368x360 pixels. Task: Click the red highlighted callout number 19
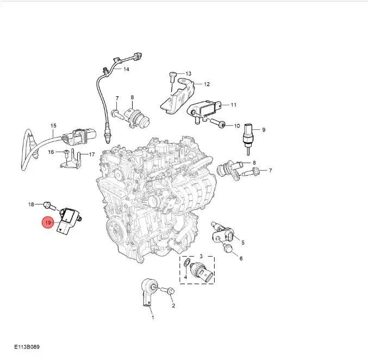(48, 222)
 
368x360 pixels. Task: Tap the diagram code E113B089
(27, 346)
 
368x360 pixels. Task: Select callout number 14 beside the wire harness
(126, 69)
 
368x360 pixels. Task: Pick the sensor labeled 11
(204, 110)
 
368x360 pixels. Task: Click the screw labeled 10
(218, 123)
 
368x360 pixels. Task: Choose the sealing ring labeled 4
(187, 262)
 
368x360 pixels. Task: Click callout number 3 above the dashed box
(201, 256)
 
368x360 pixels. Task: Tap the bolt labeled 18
(50, 207)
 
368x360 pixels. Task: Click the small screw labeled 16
(66, 153)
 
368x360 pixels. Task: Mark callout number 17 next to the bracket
(92, 154)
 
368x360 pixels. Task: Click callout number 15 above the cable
(53, 126)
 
